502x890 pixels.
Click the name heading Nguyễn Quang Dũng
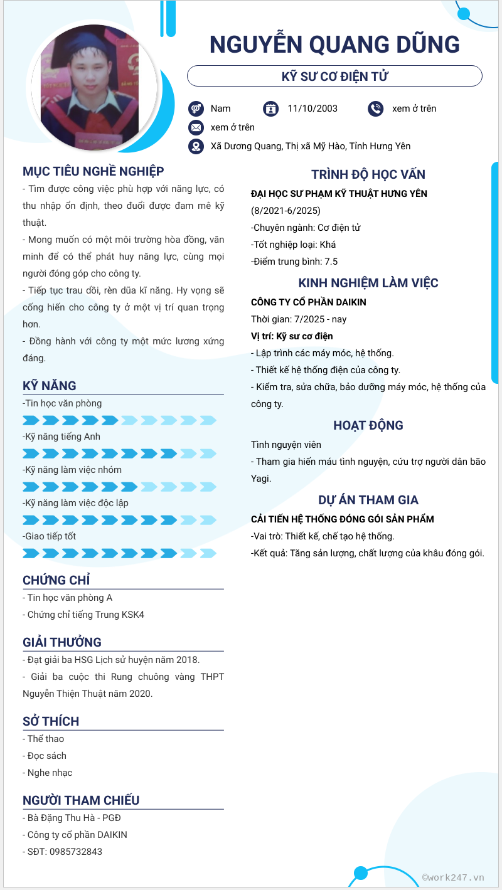(334, 45)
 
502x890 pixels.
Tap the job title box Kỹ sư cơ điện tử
(334, 77)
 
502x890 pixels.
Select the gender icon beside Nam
(196, 109)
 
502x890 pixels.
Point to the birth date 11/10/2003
(312, 109)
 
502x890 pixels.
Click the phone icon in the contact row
(375, 109)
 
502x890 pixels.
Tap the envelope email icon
(196, 127)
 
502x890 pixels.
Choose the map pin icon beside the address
(196, 146)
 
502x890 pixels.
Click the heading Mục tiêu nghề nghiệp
(93, 171)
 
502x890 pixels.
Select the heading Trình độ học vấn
(368, 174)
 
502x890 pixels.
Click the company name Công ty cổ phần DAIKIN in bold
(309, 302)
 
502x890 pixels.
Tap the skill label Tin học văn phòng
(62, 403)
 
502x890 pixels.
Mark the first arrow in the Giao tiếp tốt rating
(31, 553)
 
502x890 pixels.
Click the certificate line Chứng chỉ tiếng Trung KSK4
(86, 615)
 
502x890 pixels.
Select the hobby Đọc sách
(46, 756)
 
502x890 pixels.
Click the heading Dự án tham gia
(368, 500)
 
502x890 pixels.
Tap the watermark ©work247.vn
(453, 877)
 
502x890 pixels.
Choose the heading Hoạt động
(368, 425)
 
